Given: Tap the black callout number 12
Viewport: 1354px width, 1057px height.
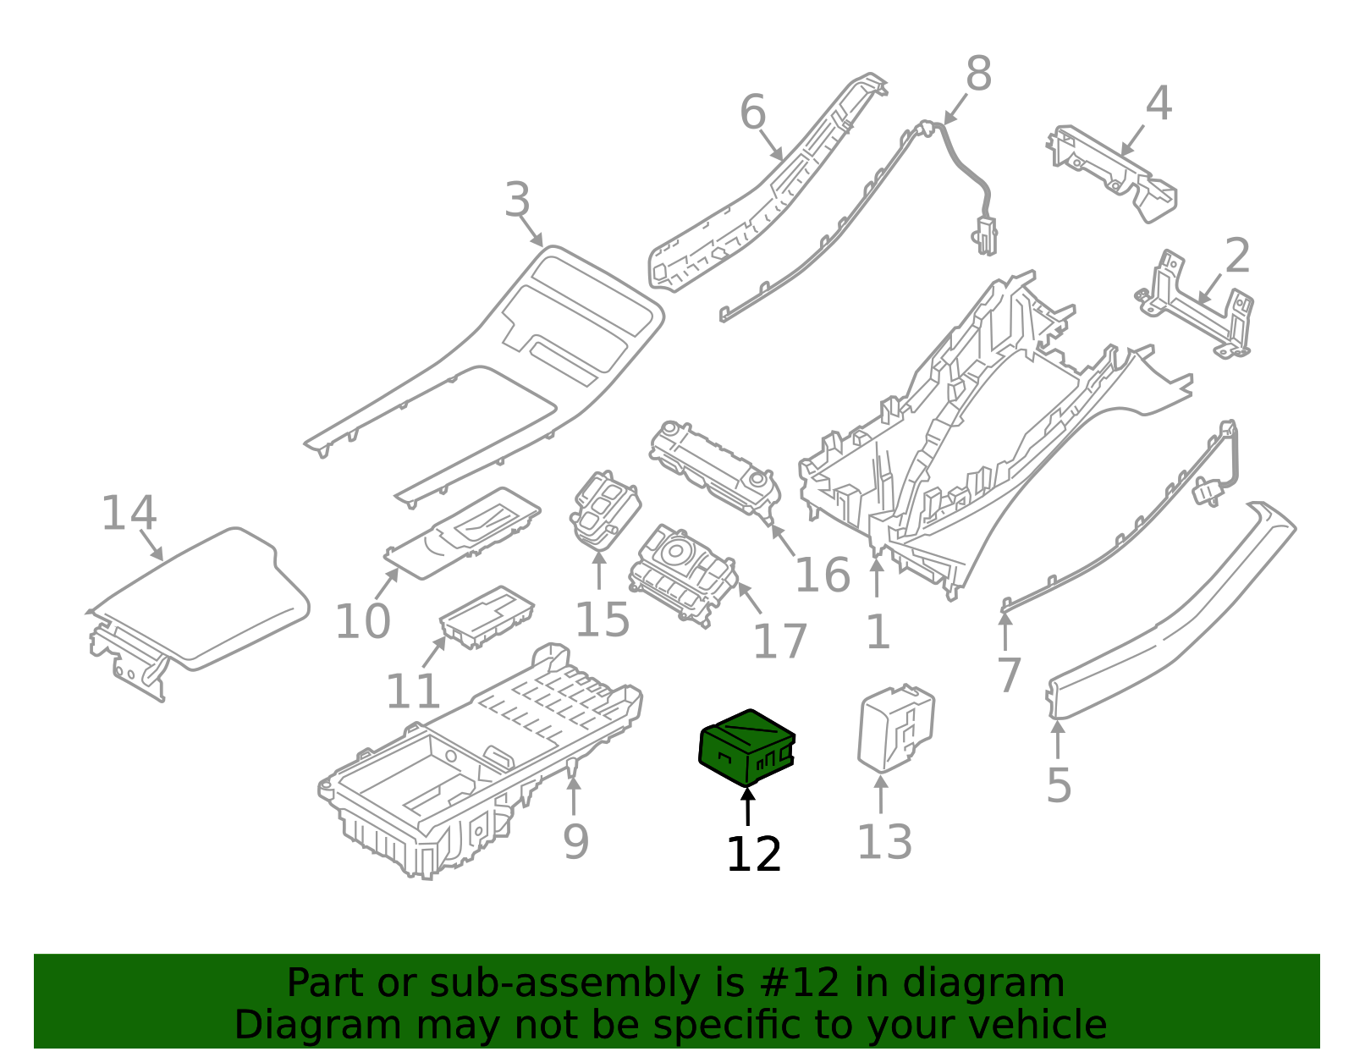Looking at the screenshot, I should coord(753,855).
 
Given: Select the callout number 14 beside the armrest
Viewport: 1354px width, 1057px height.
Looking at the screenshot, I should coord(129,514).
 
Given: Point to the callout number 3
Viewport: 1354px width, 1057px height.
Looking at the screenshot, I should coord(517,201).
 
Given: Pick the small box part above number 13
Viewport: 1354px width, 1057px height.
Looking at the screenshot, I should coord(896,728).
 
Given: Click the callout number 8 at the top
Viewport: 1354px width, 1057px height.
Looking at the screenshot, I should coord(978,74).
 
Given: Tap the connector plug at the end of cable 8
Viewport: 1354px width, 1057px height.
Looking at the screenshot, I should coord(984,235).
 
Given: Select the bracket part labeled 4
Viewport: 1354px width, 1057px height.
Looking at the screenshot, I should coord(1113,173).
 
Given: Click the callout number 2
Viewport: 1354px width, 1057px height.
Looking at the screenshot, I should coord(1237,256).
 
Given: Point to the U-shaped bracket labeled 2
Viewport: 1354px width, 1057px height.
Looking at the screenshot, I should coord(1196,305).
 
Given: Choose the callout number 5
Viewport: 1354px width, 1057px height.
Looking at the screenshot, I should coord(1059,785).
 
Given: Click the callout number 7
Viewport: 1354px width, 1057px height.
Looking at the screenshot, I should coord(1009,675).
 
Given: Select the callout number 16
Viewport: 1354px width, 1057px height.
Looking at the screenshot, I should coord(823,575).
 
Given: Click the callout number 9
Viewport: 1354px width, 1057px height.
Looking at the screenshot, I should coord(575,841).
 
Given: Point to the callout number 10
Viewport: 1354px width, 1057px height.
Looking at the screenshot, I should coord(362,622).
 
